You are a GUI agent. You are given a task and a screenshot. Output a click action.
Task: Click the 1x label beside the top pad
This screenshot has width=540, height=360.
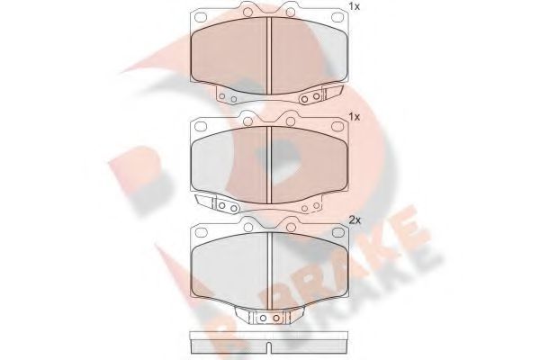coord(355,8)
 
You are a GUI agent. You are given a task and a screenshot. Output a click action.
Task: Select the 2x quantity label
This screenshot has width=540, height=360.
coord(355,220)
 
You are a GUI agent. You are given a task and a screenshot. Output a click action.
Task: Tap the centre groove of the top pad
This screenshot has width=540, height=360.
coord(271,54)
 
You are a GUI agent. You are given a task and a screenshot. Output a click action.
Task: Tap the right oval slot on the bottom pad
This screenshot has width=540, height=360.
coord(338,231)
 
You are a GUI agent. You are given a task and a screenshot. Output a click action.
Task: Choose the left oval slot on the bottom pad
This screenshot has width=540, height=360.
coord(200,231)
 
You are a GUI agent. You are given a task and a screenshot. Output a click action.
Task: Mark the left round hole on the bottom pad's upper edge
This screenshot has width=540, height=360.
coord(246,225)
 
